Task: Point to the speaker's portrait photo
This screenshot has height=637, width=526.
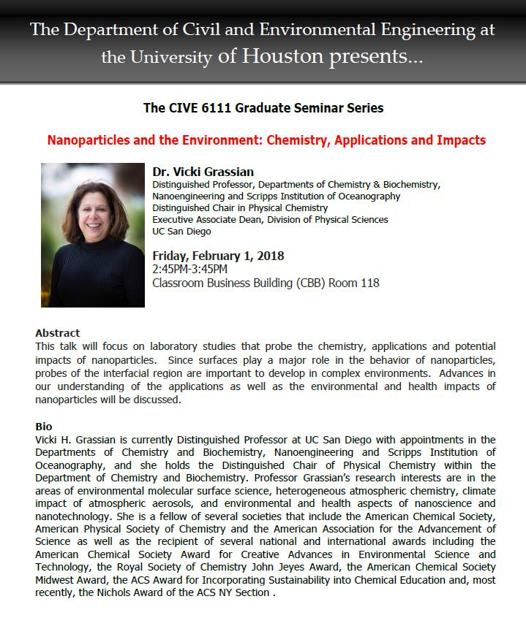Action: pos(92,234)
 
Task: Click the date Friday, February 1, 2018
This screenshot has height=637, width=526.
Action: pos(218,256)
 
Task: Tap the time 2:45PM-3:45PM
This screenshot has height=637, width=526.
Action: pos(189,270)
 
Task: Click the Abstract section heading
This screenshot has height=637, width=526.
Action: pos(57,333)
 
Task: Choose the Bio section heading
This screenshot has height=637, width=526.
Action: pos(43,426)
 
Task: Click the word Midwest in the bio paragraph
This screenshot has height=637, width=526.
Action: pos(56,579)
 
